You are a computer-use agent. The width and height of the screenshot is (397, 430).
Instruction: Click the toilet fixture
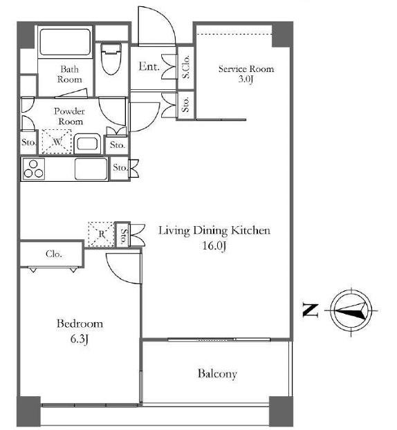[111, 58]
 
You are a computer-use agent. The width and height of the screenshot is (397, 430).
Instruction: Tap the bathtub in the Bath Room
[65, 42]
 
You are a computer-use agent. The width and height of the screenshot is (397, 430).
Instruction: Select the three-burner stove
[33, 169]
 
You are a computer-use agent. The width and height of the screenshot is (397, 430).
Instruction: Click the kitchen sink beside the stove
[91, 169]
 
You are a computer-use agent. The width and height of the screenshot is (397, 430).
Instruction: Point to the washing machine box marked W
[57, 142]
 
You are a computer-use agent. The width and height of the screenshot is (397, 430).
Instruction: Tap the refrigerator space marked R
[101, 234]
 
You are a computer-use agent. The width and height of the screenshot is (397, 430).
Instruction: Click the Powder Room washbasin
[87, 144]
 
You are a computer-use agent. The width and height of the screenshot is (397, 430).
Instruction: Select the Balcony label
[217, 374]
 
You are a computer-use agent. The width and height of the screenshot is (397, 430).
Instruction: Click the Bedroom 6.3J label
[80, 331]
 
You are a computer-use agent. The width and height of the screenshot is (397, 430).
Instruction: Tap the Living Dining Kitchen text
[214, 230]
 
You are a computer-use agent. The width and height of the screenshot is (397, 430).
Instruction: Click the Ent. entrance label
[149, 66]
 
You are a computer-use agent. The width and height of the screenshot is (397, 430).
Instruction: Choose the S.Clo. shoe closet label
[186, 66]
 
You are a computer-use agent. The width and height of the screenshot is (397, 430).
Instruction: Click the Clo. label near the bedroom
[54, 254]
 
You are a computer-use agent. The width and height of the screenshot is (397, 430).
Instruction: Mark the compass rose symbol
[351, 311]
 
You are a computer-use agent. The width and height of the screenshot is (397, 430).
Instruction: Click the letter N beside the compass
[311, 310]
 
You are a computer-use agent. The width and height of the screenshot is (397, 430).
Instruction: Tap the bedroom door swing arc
[117, 272]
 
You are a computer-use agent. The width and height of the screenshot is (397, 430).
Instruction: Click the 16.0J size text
[214, 245]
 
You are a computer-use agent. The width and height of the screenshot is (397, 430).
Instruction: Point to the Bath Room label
[69, 74]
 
